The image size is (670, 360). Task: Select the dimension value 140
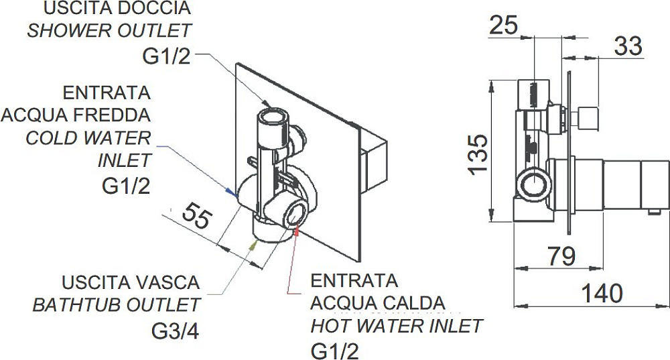click(602, 294)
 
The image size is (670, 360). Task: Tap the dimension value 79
click(561, 257)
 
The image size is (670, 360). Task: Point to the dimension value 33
click(628, 46)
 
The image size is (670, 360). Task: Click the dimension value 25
click(503, 25)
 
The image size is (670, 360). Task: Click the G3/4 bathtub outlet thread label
click(175, 330)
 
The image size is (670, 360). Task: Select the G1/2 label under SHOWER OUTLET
click(166, 56)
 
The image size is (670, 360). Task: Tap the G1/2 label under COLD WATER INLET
click(126, 186)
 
